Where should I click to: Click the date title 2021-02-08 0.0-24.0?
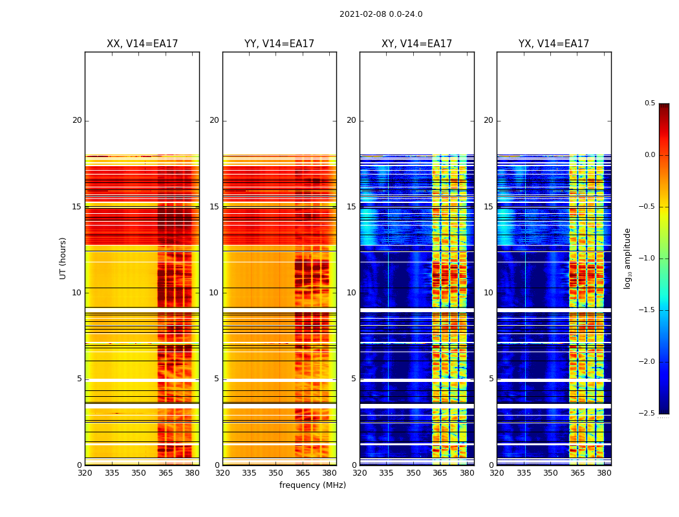click(381, 14)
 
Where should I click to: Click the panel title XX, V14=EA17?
click(142, 44)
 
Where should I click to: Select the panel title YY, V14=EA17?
click(279, 44)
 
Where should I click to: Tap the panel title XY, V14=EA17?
click(416, 44)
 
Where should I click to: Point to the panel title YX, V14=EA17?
click(554, 44)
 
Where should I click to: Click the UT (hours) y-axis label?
click(63, 258)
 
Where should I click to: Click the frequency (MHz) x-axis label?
click(312, 485)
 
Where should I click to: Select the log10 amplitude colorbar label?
click(627, 258)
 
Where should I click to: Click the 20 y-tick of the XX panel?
click(77, 120)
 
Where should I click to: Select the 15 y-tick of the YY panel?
click(214, 207)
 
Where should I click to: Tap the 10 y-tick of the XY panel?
click(351, 293)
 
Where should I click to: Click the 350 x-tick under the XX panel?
click(138, 473)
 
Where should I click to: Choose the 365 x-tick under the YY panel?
click(303, 473)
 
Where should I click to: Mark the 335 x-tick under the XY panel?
click(386, 473)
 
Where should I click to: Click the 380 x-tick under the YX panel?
click(604, 473)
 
